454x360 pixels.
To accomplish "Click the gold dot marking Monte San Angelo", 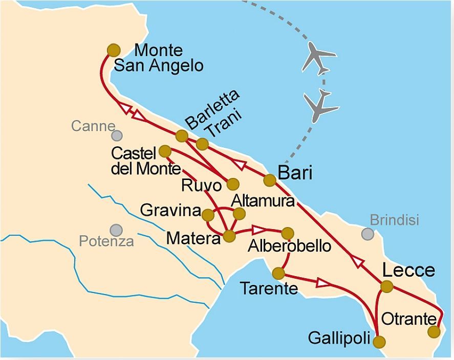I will [114, 50].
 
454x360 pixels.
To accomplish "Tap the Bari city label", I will [295, 173].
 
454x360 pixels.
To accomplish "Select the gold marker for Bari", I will [270, 180].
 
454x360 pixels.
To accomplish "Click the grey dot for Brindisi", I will [367, 234].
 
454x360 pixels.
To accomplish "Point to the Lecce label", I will [408, 271].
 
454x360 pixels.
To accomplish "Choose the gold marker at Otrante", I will [434, 331].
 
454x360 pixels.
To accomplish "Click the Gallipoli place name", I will [339, 338].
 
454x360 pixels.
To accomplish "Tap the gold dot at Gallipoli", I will [379, 342].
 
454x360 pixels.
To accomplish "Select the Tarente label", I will [269, 289].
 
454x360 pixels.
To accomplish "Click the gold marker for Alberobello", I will [288, 233].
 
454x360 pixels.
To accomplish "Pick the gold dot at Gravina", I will [208, 215].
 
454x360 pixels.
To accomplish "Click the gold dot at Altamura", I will [239, 214].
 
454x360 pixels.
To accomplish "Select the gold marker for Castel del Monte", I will [165, 151].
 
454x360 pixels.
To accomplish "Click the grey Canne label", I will [93, 126].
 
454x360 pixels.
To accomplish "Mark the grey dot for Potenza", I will [116, 230].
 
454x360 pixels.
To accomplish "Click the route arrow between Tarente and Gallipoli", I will [323, 282].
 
